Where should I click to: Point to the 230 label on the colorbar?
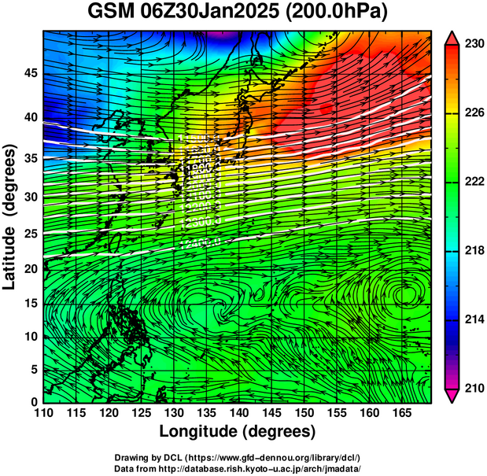point(474,45)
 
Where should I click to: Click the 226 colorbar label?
point(474,113)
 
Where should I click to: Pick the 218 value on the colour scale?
point(474,250)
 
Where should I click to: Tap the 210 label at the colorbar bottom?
point(474,387)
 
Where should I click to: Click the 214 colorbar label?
point(474,319)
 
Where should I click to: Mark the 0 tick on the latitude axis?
point(34,401)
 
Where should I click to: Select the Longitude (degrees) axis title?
point(238,431)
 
